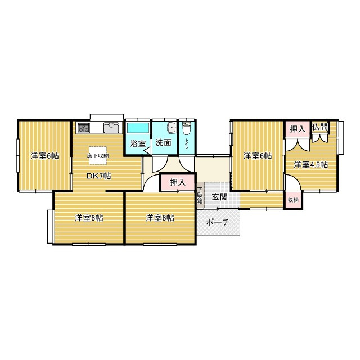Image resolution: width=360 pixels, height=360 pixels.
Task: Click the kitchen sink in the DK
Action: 111,128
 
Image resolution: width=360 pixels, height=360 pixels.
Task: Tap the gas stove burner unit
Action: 84,128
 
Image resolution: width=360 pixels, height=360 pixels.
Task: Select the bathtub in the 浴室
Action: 138,128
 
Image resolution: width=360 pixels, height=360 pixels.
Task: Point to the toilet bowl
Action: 186,128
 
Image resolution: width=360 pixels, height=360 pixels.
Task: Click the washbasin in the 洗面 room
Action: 172,127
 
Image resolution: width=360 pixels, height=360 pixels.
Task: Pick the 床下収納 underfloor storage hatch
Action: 98,155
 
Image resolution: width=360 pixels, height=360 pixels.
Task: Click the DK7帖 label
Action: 99,176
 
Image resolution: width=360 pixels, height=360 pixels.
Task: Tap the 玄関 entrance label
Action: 219,196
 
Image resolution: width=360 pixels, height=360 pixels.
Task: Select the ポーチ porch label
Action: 218,222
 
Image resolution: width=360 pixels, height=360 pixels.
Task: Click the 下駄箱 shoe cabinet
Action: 200,195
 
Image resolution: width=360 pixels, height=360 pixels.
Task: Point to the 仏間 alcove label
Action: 319,127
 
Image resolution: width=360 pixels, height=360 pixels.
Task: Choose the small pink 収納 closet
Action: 293,200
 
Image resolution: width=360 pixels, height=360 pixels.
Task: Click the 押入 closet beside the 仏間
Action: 298,129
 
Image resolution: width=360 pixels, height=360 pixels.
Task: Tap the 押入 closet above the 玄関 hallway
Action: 178,182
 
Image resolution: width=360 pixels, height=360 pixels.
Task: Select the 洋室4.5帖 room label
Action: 310,165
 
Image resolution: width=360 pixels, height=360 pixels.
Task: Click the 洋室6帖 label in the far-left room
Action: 44,156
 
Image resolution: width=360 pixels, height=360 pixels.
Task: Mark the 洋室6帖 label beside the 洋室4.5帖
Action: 258,156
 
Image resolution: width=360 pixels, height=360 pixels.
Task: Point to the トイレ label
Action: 187,144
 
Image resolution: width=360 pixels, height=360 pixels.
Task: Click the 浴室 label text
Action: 138,144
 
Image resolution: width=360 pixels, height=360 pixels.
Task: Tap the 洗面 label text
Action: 163,142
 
